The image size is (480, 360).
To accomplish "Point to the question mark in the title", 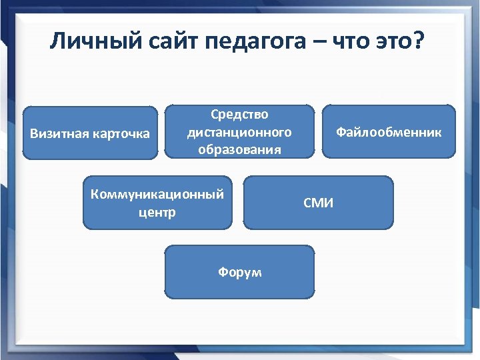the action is pyautogui.click(x=418, y=42).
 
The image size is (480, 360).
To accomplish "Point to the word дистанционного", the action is pyautogui.click(x=239, y=132).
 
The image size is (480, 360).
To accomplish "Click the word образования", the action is pyautogui.click(x=239, y=149).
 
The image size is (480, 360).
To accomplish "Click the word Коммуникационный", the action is pyautogui.click(x=157, y=194).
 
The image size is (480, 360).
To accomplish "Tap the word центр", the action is pyautogui.click(x=157, y=213).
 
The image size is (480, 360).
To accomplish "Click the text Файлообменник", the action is pyautogui.click(x=389, y=132).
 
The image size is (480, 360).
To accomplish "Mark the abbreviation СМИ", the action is pyautogui.click(x=319, y=203).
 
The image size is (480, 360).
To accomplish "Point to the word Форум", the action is pyautogui.click(x=240, y=272).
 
